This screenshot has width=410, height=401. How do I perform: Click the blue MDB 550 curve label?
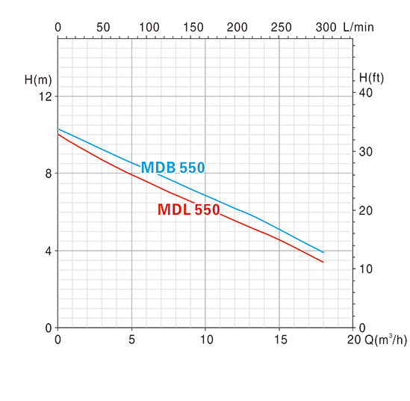173,168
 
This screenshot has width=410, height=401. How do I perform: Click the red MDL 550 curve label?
188,209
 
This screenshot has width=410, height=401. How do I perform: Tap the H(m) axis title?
38,79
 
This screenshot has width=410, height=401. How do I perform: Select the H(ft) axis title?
371,78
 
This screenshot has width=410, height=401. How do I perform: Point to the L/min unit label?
358,27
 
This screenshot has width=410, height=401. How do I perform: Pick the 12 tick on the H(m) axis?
46,97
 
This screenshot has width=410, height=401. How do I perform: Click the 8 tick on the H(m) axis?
49,174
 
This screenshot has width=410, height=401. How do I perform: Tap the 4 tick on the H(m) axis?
49,251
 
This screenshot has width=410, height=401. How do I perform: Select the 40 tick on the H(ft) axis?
365,93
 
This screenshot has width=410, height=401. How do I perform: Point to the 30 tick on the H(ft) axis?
365,152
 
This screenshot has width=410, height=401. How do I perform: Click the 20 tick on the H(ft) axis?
365,210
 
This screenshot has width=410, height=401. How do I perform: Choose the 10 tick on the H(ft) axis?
365,269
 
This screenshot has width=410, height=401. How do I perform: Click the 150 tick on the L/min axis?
193,27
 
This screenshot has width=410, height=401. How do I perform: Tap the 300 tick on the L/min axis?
326,27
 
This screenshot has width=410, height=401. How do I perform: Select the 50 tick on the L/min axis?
103,27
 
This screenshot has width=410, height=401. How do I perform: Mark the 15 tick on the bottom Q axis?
281,340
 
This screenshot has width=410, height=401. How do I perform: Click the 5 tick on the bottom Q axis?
131,340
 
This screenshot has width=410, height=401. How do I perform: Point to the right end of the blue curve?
323,252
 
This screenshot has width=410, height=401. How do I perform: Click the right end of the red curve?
323,262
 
